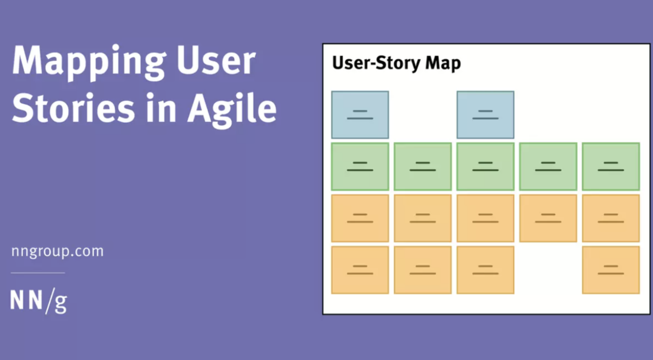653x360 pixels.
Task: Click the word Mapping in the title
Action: (x=89, y=62)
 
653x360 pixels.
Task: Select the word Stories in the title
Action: (x=73, y=108)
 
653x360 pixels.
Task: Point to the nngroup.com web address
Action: (x=57, y=251)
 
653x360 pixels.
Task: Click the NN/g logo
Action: (x=38, y=301)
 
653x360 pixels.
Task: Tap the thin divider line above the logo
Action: (x=38, y=273)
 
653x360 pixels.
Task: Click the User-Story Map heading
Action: (x=396, y=63)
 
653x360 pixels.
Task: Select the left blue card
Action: (x=360, y=115)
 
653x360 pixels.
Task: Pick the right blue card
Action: (x=485, y=115)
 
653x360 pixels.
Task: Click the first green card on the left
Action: (x=360, y=166)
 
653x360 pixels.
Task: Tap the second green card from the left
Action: (x=423, y=166)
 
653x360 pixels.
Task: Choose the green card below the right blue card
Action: (x=485, y=166)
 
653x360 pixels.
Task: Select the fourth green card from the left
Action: (x=548, y=166)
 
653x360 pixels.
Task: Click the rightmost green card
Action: (x=611, y=166)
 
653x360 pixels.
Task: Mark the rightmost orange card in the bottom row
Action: (x=611, y=270)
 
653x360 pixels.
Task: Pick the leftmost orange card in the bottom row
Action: (x=360, y=270)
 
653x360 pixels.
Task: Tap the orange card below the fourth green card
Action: (x=548, y=218)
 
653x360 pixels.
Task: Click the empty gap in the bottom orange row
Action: (x=548, y=270)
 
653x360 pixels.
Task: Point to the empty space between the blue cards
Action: (x=423, y=115)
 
